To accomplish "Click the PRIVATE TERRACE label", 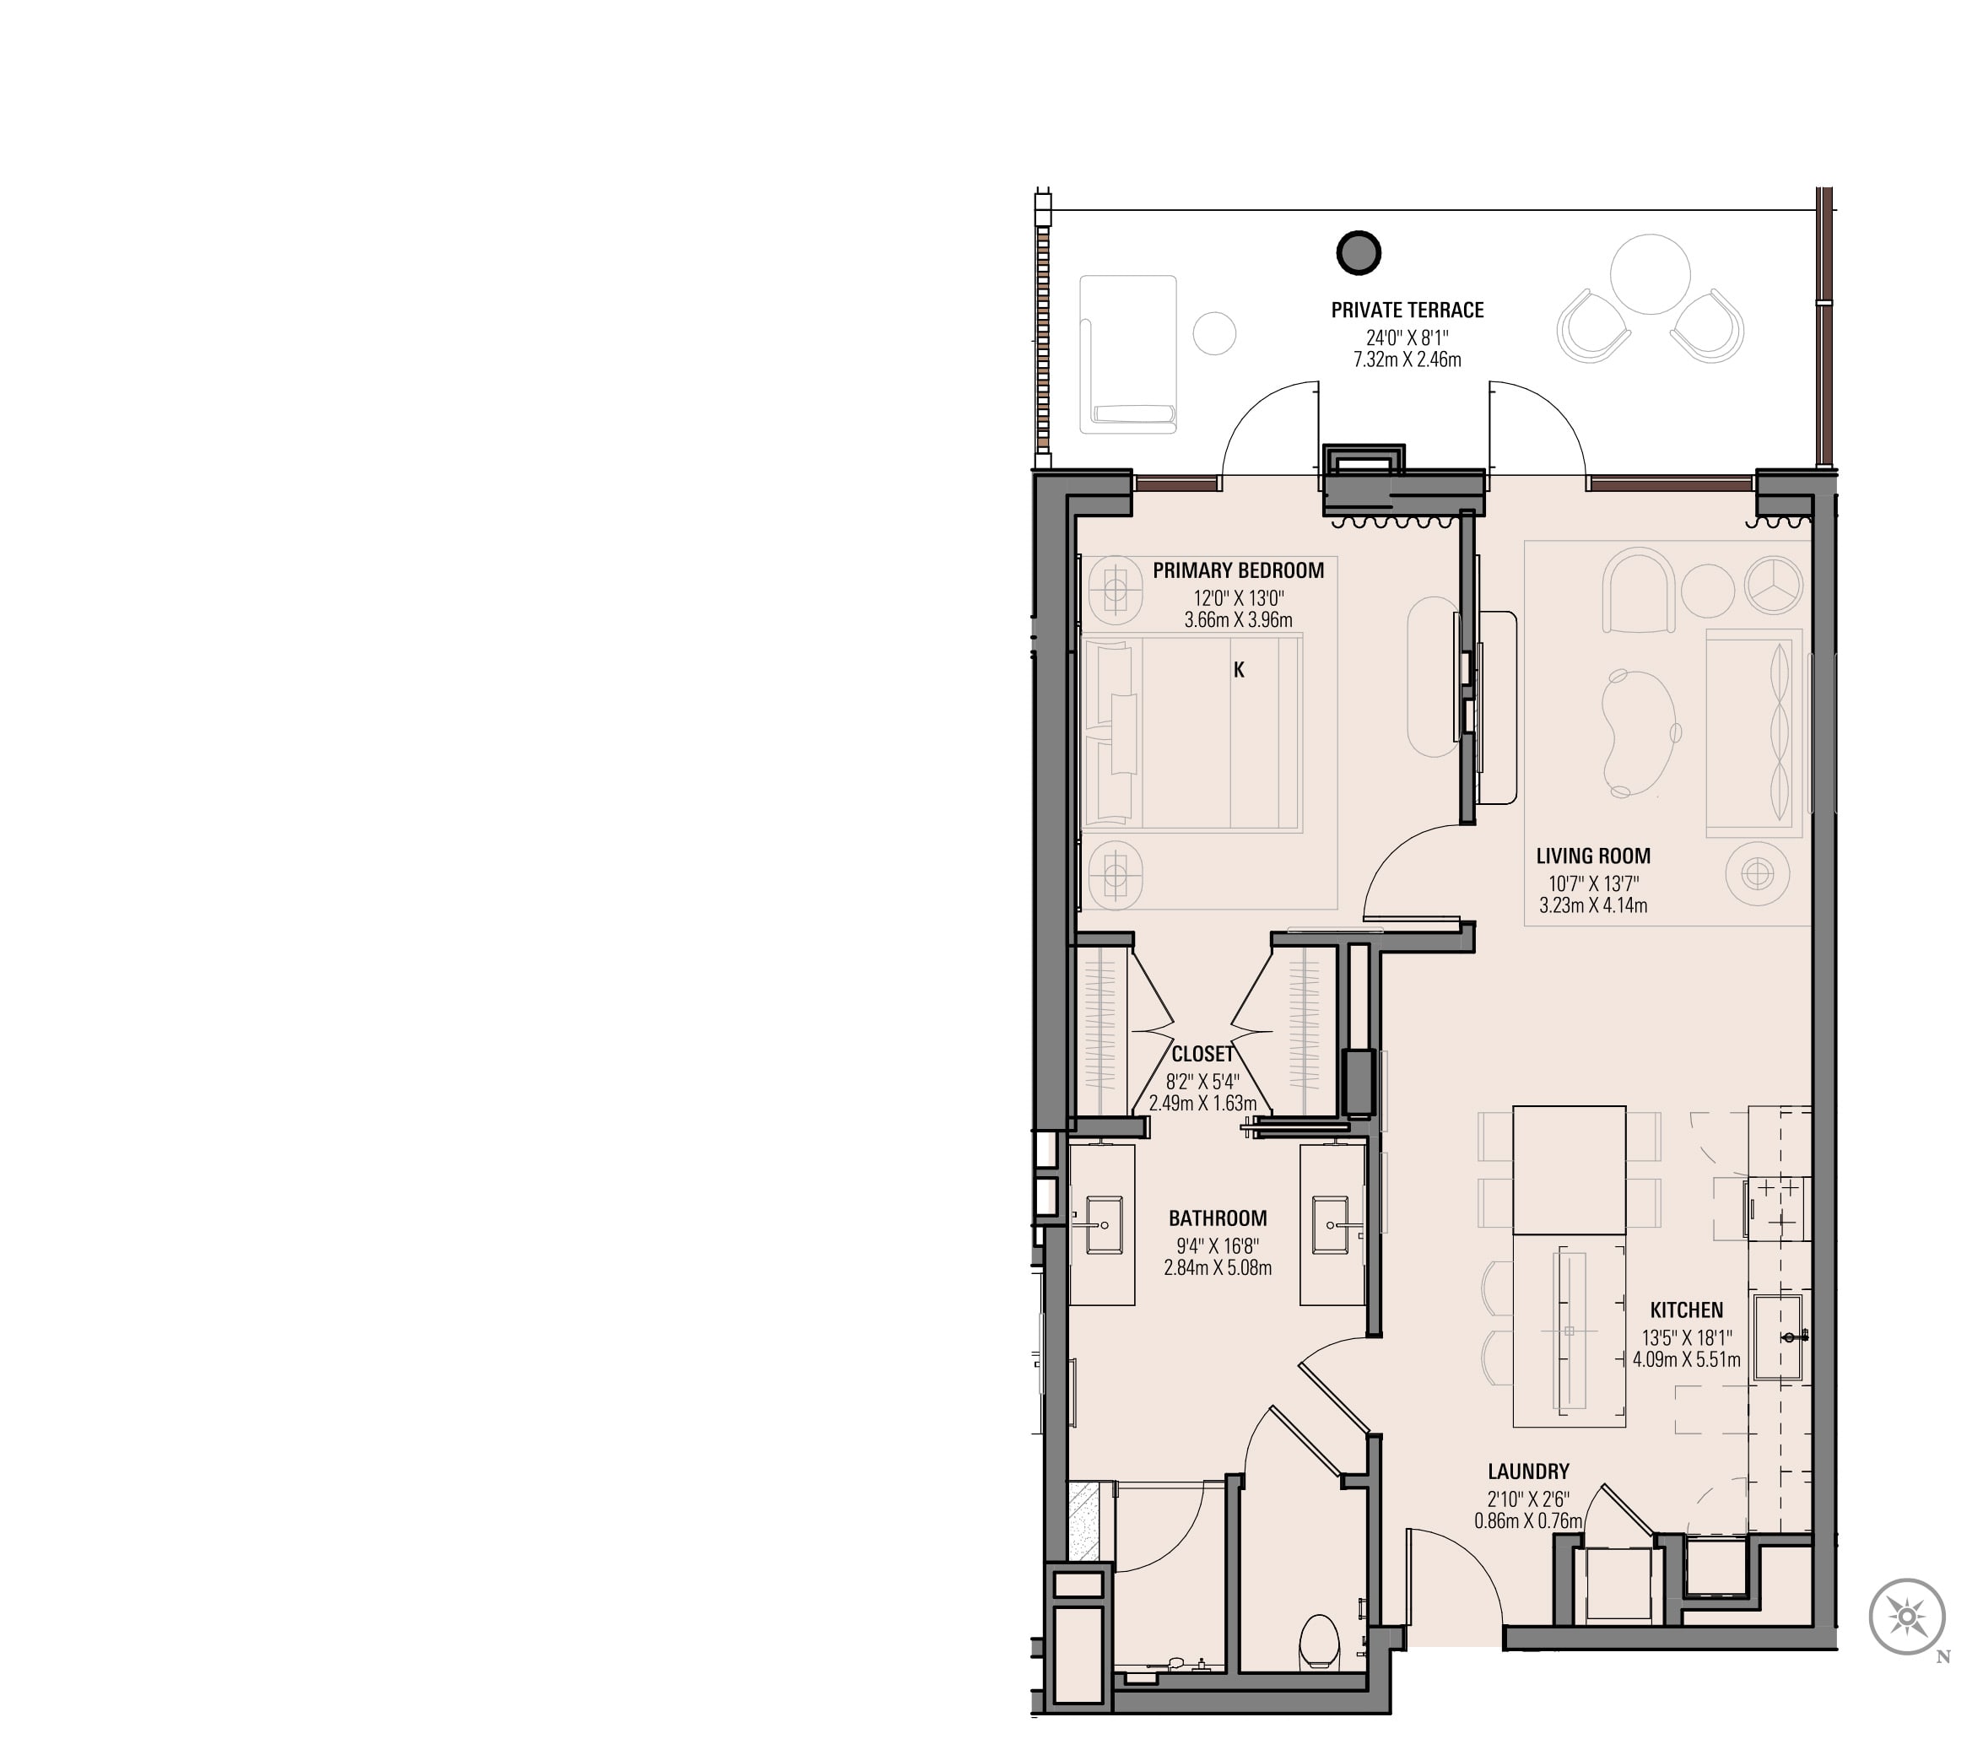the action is [1407, 310].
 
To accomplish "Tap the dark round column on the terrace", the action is [1359, 253].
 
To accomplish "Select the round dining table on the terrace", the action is [1650, 273].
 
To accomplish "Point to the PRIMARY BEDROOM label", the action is [1238, 570].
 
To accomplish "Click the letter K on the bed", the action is [1239, 669].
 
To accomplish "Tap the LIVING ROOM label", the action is [1593, 856].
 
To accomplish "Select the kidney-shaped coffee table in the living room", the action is [1639, 733].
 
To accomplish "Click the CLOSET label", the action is [1203, 1054].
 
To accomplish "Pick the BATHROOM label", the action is [1218, 1218].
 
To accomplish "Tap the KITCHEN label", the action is [1686, 1310].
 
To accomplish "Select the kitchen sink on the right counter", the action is [1777, 1336].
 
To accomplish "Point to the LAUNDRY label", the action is [1528, 1471].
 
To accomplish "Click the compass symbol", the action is [1907, 1617].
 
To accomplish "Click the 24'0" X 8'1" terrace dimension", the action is [1407, 337].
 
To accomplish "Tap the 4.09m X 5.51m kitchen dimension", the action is [1686, 1360].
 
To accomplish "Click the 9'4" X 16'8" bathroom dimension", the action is [1218, 1245].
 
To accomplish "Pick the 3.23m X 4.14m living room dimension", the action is [1593, 906].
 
